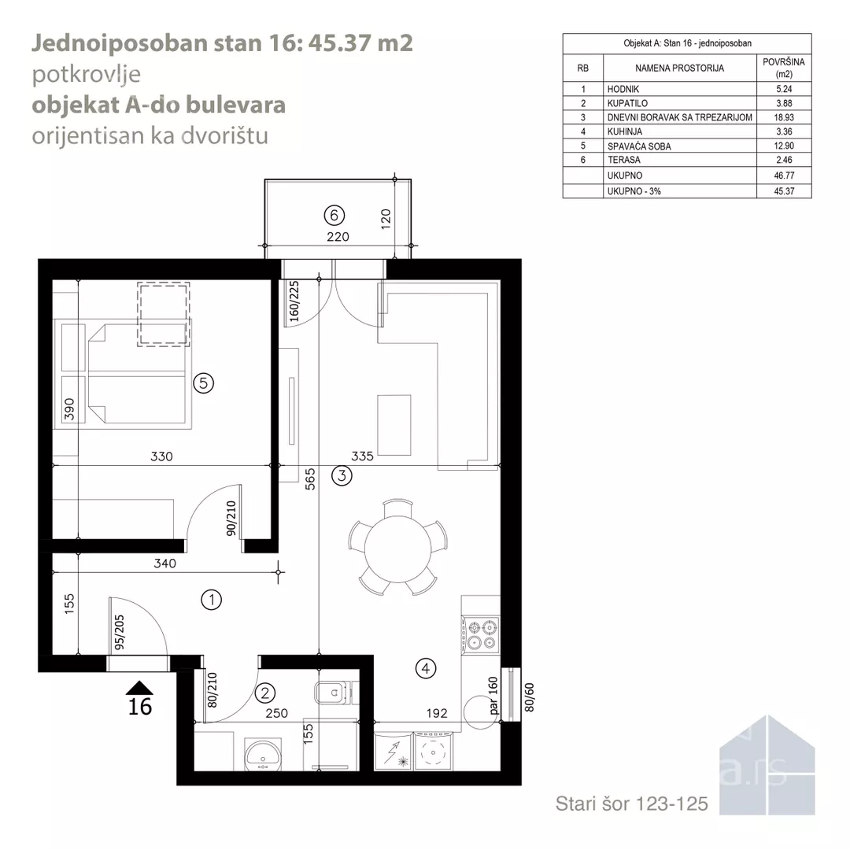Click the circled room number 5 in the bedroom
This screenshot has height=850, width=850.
coord(203,383)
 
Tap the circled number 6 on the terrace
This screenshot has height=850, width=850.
coord(334,215)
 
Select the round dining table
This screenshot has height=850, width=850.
coord(398,549)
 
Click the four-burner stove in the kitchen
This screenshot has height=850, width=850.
coord(482,634)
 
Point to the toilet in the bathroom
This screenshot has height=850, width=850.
coord(335,693)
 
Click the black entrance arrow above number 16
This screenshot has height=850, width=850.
coord(139,687)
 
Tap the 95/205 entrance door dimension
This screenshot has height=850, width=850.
coord(120,632)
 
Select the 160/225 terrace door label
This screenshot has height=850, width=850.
coord(294,301)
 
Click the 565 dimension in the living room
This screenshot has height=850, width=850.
coord(309,480)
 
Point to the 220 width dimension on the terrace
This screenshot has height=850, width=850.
coord(338,236)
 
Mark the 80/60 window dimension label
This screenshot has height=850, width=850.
coord(530,697)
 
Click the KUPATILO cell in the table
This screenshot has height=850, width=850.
coord(627,103)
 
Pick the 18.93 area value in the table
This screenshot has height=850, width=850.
coord(784,117)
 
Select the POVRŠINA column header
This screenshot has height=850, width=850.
coord(784,68)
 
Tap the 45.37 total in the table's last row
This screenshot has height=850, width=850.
coord(784,190)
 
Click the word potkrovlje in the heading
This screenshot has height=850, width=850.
coord(87,74)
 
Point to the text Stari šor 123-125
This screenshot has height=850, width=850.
coord(631,804)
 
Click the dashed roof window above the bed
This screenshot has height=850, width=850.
coord(163,314)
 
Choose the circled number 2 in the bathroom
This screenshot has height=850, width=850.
coord(265,693)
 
